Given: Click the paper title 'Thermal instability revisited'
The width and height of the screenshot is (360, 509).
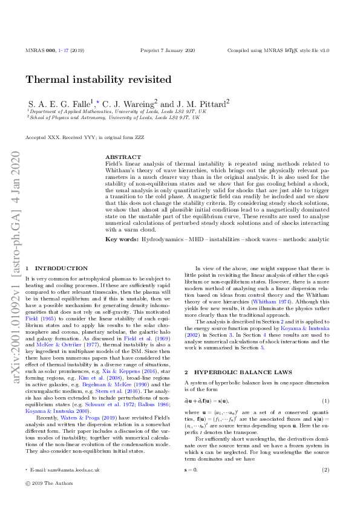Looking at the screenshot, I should point(98,80).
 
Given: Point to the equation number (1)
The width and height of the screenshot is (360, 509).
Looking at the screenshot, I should point(326,401).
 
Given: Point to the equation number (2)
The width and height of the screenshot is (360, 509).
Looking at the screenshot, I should point(326,469).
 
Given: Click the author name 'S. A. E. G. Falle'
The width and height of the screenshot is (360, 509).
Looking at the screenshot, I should point(60,103).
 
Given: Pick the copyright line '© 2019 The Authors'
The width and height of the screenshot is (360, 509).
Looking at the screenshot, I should point(49,484).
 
